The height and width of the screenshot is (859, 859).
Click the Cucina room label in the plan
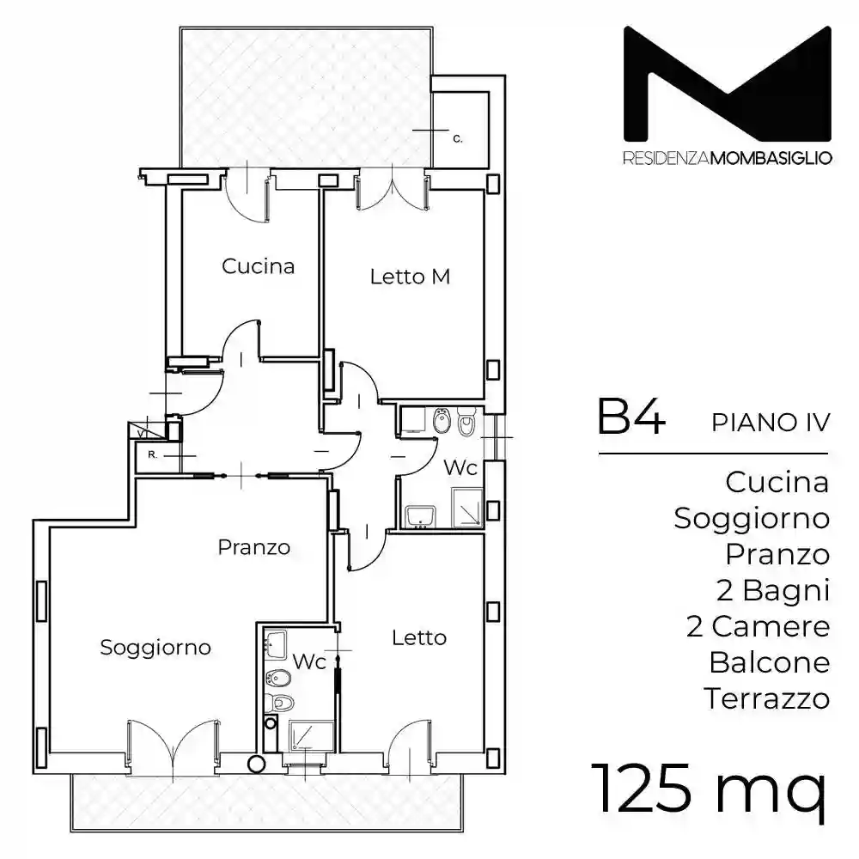pos(258,266)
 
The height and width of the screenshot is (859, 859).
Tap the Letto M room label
pos(410,277)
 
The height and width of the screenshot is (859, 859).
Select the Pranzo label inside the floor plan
pos(253,547)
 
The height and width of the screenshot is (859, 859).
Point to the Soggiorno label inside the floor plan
pos(155,647)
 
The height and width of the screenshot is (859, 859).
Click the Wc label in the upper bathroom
pos(460,469)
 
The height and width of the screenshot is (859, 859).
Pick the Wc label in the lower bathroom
pos(309,662)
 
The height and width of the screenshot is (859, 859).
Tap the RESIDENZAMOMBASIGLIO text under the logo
pos(727,160)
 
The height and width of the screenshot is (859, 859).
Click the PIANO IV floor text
pos(771,423)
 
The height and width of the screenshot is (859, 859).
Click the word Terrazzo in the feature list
pos(767,698)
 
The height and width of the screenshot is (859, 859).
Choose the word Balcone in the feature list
pos(770,662)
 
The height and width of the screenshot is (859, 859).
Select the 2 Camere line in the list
pos(758,626)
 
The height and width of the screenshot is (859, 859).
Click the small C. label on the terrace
pos(458,137)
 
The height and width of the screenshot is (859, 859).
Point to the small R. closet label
pos(152,454)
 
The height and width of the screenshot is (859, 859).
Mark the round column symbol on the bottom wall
pos(255,762)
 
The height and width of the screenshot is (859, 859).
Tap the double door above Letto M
pos(392,189)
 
